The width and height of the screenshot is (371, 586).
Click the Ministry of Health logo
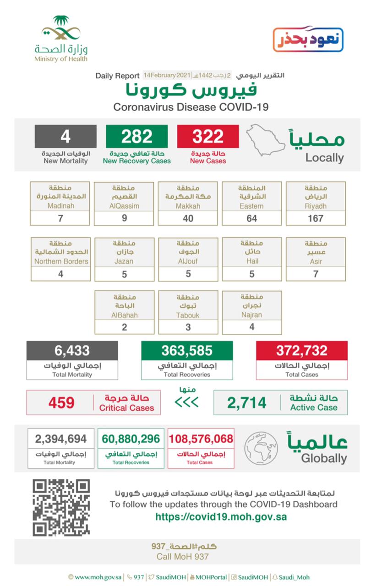[x=61, y=39]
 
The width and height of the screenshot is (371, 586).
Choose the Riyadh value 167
[x=316, y=218]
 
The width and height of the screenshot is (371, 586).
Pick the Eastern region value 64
[x=251, y=218]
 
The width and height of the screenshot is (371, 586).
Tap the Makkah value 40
[x=188, y=218]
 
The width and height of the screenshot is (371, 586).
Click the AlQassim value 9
[x=124, y=218]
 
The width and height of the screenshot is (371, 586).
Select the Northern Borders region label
[x=60, y=261]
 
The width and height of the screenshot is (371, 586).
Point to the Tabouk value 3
[x=188, y=327]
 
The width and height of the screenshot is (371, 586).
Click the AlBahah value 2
[x=124, y=327]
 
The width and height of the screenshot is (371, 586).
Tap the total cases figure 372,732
[x=302, y=351]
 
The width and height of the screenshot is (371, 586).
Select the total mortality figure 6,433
[x=72, y=351]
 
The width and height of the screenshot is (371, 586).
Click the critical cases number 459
[x=61, y=403]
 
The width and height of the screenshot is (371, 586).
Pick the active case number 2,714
[x=246, y=403]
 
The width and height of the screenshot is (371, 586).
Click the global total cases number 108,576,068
[x=201, y=439]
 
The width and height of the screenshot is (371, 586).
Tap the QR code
[x=61, y=507]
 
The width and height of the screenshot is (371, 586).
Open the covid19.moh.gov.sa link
[x=221, y=517]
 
